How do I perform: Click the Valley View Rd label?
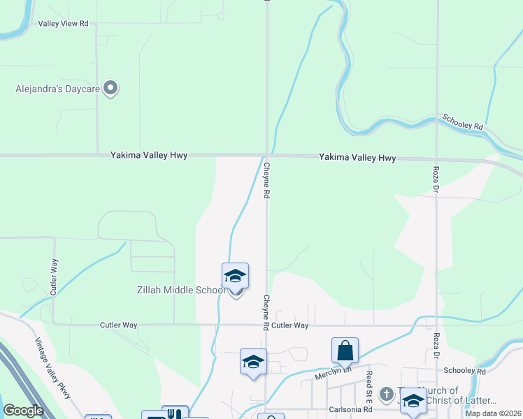(x=64, y=23)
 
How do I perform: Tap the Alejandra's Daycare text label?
(x=59, y=89)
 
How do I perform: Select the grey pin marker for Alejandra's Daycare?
(x=110, y=88)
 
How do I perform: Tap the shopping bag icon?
(x=345, y=351)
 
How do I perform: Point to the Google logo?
(x=23, y=411)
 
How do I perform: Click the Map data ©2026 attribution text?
(x=494, y=413)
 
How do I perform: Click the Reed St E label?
(x=368, y=384)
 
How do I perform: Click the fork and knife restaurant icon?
(x=175, y=413)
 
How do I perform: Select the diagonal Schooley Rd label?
(x=463, y=121)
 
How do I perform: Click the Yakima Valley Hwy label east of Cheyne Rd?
(x=357, y=158)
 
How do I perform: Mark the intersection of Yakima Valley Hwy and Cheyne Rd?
(x=266, y=155)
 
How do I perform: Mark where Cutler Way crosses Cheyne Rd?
(x=266, y=325)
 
